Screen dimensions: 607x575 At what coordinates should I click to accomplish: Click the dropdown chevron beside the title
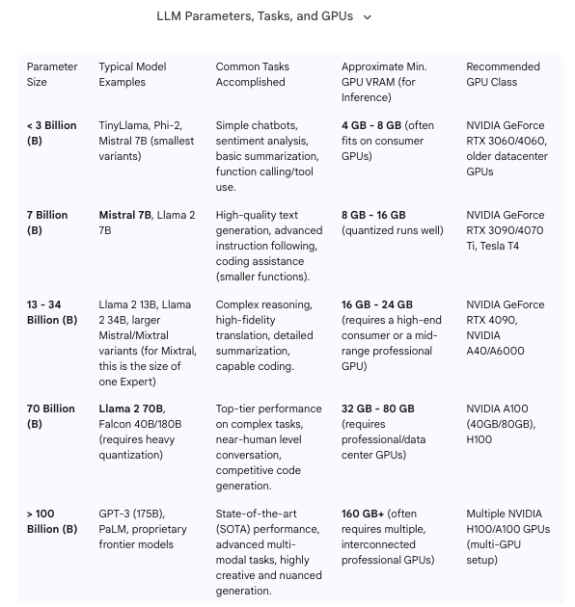coord(367,16)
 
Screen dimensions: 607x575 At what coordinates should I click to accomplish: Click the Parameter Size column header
coord(52,74)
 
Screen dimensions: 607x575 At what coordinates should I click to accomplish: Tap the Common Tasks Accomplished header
coord(252,74)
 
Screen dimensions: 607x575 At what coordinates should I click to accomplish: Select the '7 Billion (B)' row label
coord(47,223)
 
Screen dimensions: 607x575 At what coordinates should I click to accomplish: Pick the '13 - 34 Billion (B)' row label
coord(52,312)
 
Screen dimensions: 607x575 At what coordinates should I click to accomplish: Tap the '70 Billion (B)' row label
coord(50,416)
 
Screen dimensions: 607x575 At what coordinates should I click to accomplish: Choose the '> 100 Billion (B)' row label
coord(52,521)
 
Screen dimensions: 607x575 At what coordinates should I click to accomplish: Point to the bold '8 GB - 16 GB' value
coord(373,215)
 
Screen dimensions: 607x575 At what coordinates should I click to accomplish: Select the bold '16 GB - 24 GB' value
coord(377,304)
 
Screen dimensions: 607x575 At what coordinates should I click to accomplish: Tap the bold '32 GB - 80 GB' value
coord(377,409)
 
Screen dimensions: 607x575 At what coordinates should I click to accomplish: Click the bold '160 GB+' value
coord(364,514)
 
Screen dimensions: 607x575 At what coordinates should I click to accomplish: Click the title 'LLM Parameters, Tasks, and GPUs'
coord(255,16)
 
